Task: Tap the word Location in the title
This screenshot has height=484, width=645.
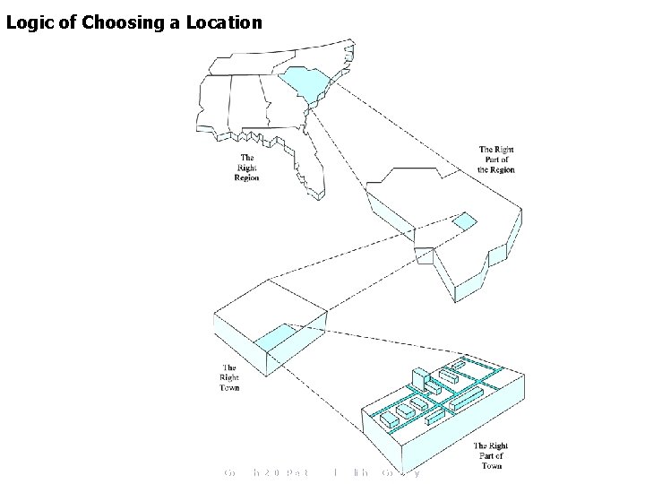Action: [224, 22]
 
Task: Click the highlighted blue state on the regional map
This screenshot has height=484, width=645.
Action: [304, 85]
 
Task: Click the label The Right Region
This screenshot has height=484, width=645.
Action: [246, 168]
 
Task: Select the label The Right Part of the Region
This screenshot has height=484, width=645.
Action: [496, 160]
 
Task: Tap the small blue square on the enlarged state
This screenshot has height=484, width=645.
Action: [464, 221]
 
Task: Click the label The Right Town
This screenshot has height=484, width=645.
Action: [229, 377]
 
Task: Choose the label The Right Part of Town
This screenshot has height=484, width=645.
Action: [491, 455]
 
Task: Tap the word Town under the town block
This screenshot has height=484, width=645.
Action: [229, 388]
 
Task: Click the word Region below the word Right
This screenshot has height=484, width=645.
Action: [246, 177]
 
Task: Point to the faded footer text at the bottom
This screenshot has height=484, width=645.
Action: [322, 472]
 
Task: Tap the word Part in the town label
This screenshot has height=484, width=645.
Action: [491, 455]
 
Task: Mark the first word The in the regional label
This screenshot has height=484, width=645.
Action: [246, 158]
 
